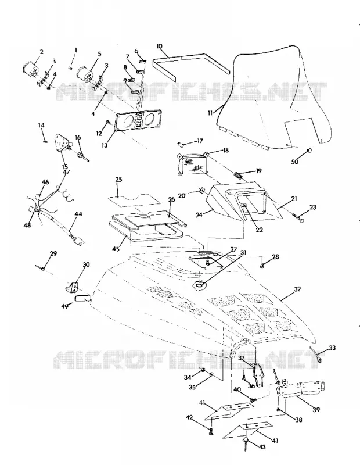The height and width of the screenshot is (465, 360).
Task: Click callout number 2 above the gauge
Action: (x=41, y=52)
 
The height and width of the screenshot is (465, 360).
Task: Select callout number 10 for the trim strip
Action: (x=160, y=46)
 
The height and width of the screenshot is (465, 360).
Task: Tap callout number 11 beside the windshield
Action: (x=210, y=113)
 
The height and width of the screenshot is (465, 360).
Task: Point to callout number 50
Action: (x=295, y=162)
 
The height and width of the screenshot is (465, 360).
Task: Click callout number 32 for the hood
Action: (x=297, y=288)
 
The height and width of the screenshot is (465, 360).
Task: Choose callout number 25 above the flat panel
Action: (x=119, y=180)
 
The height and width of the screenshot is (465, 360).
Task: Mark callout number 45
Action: (x=116, y=249)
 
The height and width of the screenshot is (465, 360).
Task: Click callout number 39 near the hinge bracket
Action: (x=316, y=410)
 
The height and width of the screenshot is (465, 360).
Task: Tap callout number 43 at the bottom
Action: (x=262, y=447)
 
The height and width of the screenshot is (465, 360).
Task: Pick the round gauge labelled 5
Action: (x=85, y=74)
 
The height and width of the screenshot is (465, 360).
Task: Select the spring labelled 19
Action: (x=238, y=176)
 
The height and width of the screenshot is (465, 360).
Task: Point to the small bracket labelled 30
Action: (x=72, y=287)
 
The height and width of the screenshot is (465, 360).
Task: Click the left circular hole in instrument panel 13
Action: (x=129, y=121)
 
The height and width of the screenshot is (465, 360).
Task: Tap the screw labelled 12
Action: (x=108, y=121)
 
